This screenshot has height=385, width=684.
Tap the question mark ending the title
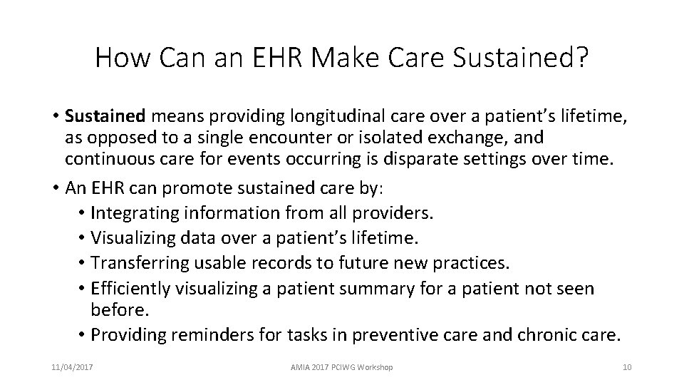581,58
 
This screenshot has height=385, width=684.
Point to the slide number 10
627,367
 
